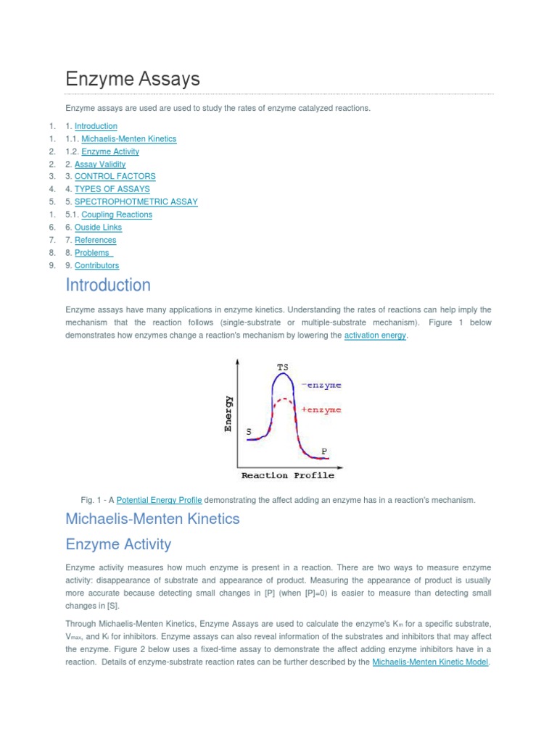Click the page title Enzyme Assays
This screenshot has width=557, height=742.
pos(133,79)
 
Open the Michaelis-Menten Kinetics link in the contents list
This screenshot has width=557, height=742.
pos(128,138)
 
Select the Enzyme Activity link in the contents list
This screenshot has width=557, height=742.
pos(110,151)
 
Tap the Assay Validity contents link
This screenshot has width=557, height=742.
pos(100,164)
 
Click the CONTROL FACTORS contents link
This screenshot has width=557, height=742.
pos(115,176)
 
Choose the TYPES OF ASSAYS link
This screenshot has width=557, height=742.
pos(112,189)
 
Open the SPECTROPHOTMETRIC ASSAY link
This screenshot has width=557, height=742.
pos(136,201)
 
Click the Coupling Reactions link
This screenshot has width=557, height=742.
pos(117,214)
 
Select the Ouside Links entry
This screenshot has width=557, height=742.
pos(98,227)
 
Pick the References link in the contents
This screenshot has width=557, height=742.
pos(95,240)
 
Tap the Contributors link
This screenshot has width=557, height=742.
pos(96,265)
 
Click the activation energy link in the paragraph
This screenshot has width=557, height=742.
pos(375,335)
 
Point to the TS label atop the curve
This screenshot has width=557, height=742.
pos(282,367)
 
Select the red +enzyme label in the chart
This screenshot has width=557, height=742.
pos(321,410)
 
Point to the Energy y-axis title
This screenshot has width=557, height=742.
pos(228,414)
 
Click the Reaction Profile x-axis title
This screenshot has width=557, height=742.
pos(288,475)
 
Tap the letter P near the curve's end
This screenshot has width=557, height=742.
pos(324,451)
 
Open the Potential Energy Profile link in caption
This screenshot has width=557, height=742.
pos(159,500)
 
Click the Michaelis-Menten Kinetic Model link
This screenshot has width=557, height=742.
pos(430,662)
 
